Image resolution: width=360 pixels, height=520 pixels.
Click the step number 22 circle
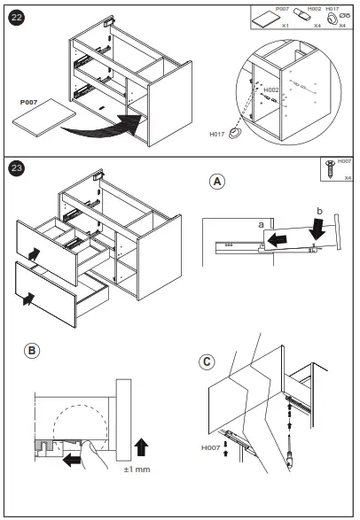click(x=16, y=17)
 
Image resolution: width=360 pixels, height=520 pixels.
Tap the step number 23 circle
click(x=16, y=168)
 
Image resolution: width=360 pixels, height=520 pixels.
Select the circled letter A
click(x=217, y=182)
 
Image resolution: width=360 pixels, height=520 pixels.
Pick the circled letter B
click(x=32, y=351)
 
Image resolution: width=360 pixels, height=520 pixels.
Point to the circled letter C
click(x=207, y=361)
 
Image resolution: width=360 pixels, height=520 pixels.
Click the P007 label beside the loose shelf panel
click(x=28, y=102)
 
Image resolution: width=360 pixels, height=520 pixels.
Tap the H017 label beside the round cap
click(x=217, y=135)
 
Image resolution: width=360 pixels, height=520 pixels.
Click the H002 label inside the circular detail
click(x=271, y=89)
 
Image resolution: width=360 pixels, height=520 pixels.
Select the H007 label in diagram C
click(x=211, y=447)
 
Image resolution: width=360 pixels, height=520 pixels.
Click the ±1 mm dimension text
click(x=137, y=470)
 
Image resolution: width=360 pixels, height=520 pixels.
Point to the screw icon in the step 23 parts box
click(x=330, y=169)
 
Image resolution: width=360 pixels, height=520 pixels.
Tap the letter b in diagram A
click(x=319, y=211)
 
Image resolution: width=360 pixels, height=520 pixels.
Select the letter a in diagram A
click(x=261, y=225)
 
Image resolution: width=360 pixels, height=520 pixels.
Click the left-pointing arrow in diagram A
click(x=277, y=240)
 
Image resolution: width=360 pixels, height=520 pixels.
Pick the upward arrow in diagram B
click(x=141, y=446)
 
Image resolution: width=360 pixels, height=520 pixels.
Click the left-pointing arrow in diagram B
click(x=72, y=461)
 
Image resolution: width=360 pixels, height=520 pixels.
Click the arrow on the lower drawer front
click(x=28, y=299)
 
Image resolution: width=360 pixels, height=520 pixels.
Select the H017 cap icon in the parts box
click(x=332, y=19)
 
